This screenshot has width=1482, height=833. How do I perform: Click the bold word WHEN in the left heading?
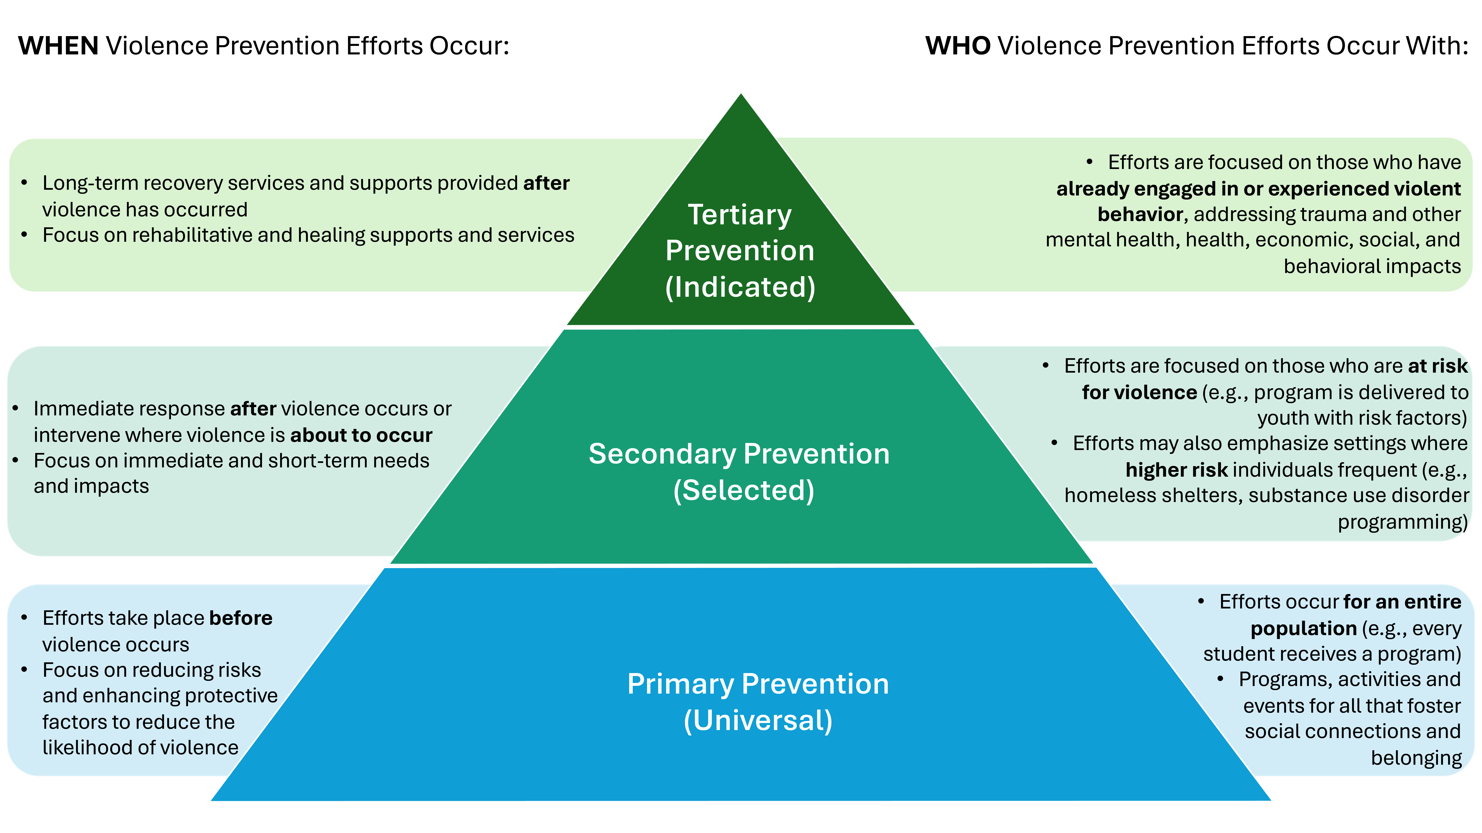[58, 46]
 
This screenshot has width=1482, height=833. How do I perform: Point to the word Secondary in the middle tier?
[662, 454]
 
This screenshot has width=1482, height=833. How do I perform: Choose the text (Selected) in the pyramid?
[743, 490]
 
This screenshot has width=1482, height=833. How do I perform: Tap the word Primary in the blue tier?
[680, 684]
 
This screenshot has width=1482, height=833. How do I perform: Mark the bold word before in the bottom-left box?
[240, 618]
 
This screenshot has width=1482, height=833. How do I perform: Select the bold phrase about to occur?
[361, 435]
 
